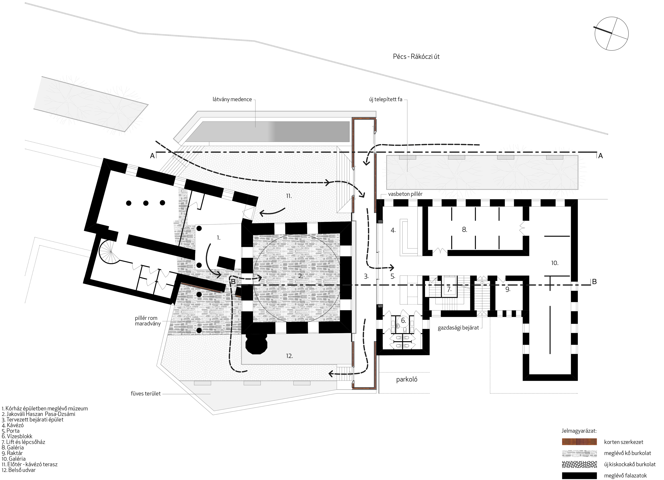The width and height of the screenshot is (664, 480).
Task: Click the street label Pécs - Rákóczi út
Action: [x=416, y=57]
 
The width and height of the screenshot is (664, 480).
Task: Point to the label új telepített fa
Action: [x=386, y=100]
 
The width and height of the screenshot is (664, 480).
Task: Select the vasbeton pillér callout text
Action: [x=405, y=194]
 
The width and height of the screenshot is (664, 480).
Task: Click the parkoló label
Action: [x=407, y=380]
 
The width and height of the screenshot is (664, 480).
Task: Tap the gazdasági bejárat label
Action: [x=458, y=328]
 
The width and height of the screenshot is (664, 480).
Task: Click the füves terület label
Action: [x=145, y=394]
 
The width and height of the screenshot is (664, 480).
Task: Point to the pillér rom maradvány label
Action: [x=147, y=321]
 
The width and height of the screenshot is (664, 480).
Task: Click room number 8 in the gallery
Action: [x=464, y=230]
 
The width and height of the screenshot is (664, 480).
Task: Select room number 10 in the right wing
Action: [x=555, y=263]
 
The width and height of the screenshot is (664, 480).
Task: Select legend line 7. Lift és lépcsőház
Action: [x=23, y=442]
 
